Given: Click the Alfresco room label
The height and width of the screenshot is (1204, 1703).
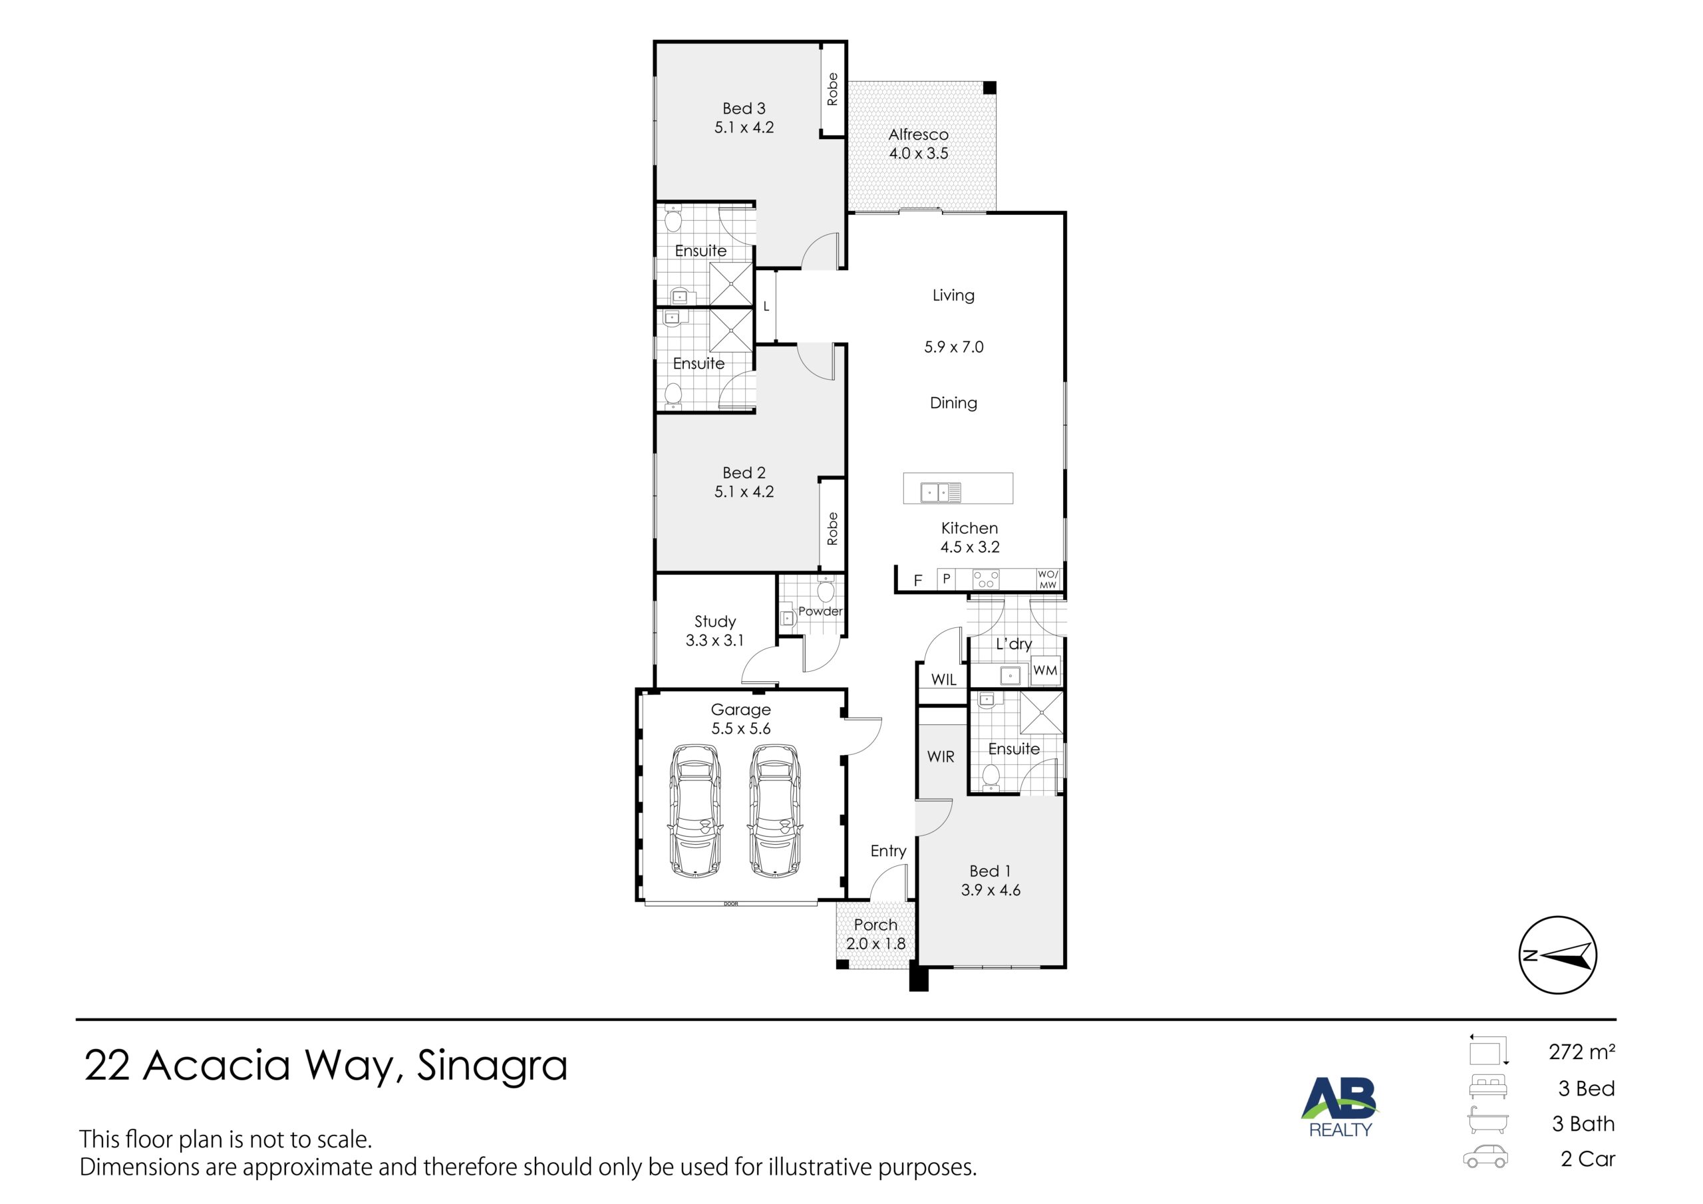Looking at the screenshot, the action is pyautogui.click(x=918, y=134).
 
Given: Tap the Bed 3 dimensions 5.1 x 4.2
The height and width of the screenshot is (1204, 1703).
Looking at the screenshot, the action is pyautogui.click(x=744, y=128).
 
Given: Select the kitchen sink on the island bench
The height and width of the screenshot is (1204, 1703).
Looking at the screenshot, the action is pyautogui.click(x=941, y=492).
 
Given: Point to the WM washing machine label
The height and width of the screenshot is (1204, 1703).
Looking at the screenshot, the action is pyautogui.click(x=1045, y=670).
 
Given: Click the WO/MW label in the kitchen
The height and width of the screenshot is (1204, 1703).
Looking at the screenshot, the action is pyautogui.click(x=1048, y=579).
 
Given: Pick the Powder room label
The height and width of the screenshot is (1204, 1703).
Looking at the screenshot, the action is pyautogui.click(x=820, y=611).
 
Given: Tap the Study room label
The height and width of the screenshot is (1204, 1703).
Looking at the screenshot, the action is pyautogui.click(x=715, y=622).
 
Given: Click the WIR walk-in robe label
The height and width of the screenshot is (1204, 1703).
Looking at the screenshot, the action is pyautogui.click(x=941, y=757).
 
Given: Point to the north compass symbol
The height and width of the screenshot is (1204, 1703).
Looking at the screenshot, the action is pyautogui.click(x=1557, y=955).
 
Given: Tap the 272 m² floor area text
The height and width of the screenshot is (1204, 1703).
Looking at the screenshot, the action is pyautogui.click(x=1581, y=1051).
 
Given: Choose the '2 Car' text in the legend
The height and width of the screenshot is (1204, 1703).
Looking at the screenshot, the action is pyautogui.click(x=1587, y=1159).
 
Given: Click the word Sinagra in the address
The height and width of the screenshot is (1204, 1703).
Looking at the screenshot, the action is pyautogui.click(x=492, y=1065).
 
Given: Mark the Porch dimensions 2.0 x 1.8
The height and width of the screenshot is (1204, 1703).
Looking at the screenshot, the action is pyautogui.click(x=875, y=944).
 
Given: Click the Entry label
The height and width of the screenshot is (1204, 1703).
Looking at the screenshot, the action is pyautogui.click(x=888, y=851).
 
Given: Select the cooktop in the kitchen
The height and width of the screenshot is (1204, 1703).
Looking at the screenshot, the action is pyautogui.click(x=986, y=579).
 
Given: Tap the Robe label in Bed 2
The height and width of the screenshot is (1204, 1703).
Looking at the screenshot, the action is pyautogui.click(x=832, y=528).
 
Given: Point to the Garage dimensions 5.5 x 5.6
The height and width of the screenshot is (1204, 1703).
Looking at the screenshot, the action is pyautogui.click(x=740, y=728).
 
